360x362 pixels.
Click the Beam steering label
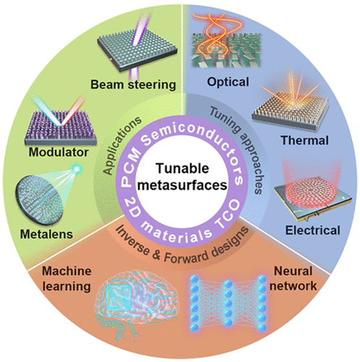[133, 85]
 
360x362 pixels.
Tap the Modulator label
[59, 152]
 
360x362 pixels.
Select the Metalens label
[46, 235]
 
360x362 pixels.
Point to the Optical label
[228, 82]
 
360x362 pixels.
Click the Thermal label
[305, 140]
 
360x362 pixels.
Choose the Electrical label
[313, 230]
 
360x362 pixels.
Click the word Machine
[67, 271]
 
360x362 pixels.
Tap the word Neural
[293, 271]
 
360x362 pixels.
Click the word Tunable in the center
[183, 168]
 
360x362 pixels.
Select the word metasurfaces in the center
[183, 185]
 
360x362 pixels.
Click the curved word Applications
[122, 146]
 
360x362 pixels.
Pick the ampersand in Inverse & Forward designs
[156, 255]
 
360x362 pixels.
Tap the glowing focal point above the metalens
[77, 169]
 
